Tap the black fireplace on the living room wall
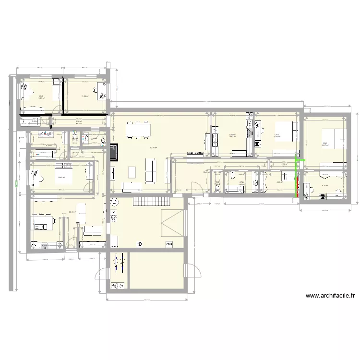click(114, 153)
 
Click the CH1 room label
click(325, 143)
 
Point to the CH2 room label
click(277, 135)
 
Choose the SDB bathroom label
click(241, 182)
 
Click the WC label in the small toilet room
click(217, 183)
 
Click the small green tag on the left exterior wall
click(16, 182)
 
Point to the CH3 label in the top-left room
click(41, 96)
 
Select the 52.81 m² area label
click(153, 147)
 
